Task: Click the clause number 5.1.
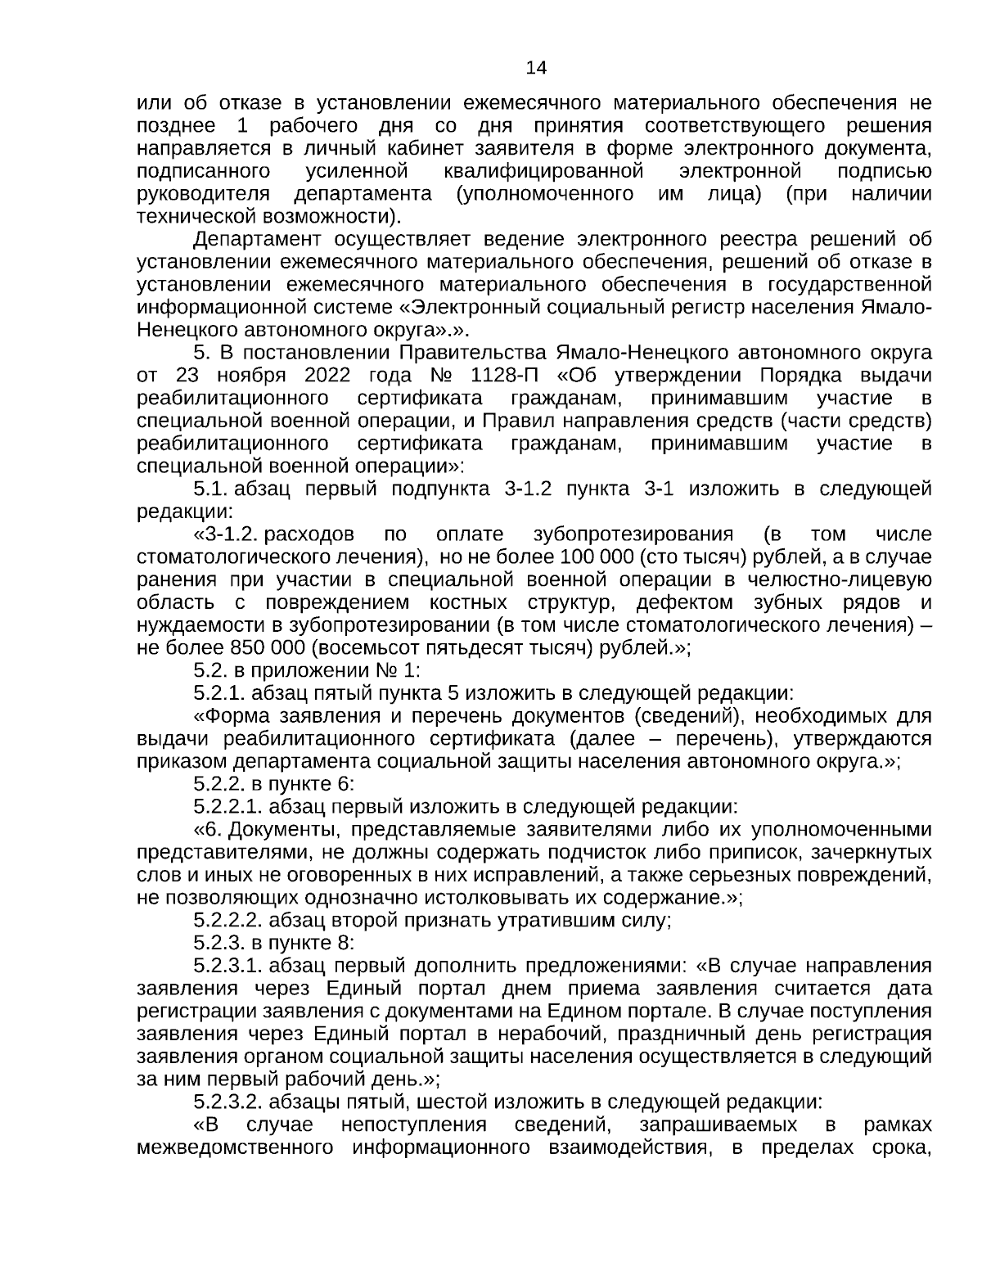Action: (x=211, y=489)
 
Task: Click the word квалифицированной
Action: (x=543, y=172)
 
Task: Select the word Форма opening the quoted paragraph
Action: (x=241, y=716)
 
